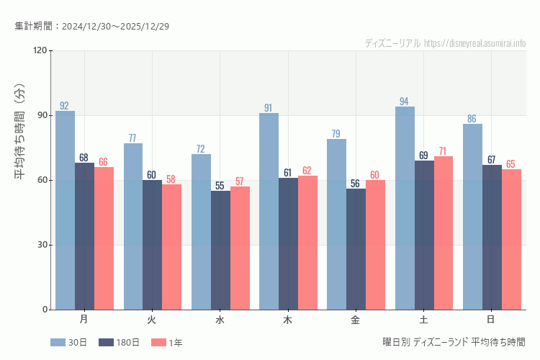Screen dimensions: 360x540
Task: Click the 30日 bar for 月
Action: [65, 210]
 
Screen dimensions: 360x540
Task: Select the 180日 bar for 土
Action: [424, 235]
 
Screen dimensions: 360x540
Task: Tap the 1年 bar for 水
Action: [240, 248]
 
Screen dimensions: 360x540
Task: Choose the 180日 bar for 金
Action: [356, 249]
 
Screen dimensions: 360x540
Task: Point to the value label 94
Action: [404, 102]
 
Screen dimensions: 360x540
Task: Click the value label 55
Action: [220, 186]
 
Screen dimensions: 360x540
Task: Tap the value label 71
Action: [444, 151]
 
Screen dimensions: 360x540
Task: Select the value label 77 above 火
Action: [132, 138]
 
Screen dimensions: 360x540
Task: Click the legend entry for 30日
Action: [69, 343]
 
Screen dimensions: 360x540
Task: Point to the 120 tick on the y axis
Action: [39, 50]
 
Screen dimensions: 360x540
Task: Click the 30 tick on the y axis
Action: [42, 245]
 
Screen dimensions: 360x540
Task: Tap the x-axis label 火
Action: [152, 319]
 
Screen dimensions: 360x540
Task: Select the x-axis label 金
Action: [356, 319]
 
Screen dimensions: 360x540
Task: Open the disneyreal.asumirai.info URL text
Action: [475, 43]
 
